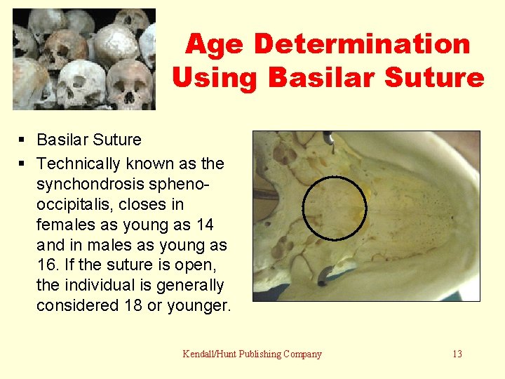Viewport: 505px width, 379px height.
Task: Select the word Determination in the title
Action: (362, 44)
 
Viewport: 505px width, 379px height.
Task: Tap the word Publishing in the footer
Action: (260, 354)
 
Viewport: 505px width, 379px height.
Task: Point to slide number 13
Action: (457, 354)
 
